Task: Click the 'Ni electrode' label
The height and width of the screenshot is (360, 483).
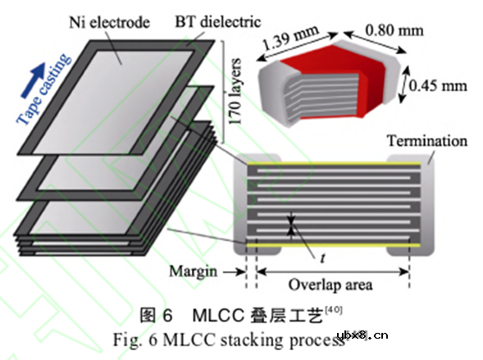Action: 110,23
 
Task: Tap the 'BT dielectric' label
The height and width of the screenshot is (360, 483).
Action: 218,22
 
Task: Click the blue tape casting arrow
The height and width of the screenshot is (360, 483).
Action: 34,80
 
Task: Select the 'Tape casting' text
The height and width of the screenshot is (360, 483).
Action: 43,89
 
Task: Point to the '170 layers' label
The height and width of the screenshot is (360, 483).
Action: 235,92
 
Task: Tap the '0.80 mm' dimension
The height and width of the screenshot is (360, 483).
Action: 394,30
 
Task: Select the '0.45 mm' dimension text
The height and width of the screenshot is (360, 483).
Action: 438,85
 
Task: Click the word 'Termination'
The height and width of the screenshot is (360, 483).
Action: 427,141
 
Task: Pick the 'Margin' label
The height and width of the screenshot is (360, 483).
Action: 194,271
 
